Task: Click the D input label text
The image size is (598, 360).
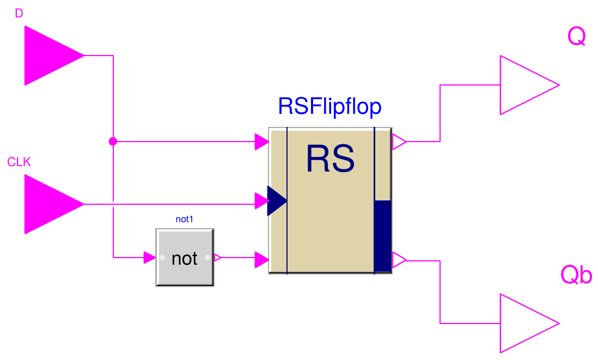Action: [19, 14]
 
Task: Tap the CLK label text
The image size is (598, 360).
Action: [19, 162]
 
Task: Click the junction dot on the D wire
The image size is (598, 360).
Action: [113, 142]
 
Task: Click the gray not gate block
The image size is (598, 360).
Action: [185, 258]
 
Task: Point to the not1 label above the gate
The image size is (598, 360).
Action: [185, 219]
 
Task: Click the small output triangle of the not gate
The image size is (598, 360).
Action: [217, 258]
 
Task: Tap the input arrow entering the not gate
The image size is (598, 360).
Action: [150, 258]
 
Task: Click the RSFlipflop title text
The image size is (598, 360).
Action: [329, 107]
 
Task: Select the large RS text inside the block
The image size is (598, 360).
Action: [330, 159]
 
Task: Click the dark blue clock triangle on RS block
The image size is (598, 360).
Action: [276, 200]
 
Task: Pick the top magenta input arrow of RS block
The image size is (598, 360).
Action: [262, 142]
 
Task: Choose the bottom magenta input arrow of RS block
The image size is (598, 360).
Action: [262, 260]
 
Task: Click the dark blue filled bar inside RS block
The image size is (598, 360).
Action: [383, 235]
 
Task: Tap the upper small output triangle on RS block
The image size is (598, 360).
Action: [398, 142]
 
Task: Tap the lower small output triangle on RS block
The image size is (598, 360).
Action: [398, 260]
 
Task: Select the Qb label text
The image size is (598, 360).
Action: [576, 276]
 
